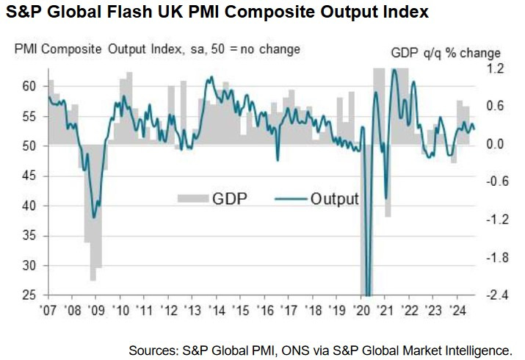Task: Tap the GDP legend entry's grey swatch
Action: coord(192,198)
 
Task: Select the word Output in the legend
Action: coord(334,198)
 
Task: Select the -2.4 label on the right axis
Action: coord(490,295)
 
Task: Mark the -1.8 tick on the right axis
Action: coord(490,258)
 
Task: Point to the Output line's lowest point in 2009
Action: coord(93,217)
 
